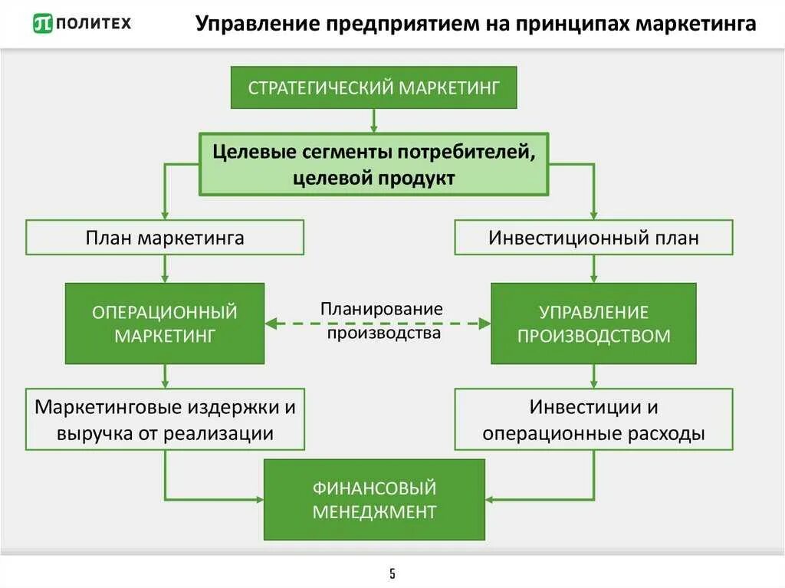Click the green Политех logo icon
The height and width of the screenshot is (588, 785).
(x=43, y=24)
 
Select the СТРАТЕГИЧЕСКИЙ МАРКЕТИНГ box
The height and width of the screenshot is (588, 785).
(x=374, y=87)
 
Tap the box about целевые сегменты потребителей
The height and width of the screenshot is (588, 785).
(x=374, y=164)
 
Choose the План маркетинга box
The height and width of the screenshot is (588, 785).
(x=165, y=238)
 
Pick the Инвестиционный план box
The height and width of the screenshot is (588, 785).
(x=593, y=238)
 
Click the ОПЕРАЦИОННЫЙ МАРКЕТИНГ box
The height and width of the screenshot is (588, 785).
(x=165, y=323)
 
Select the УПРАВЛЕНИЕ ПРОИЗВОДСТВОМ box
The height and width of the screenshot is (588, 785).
(x=593, y=323)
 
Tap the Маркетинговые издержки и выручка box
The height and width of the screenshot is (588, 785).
(x=165, y=419)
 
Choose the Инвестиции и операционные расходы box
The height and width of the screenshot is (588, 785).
(x=593, y=419)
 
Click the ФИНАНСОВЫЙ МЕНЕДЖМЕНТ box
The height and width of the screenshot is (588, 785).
(x=374, y=499)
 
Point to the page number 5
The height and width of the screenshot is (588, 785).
(x=392, y=573)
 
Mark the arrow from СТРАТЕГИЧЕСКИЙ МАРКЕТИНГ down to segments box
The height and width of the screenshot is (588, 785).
(x=374, y=120)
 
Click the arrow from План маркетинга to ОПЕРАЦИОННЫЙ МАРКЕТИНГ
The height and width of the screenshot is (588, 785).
(x=165, y=268)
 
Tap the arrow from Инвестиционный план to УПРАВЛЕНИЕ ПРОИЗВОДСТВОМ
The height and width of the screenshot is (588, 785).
(x=593, y=268)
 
